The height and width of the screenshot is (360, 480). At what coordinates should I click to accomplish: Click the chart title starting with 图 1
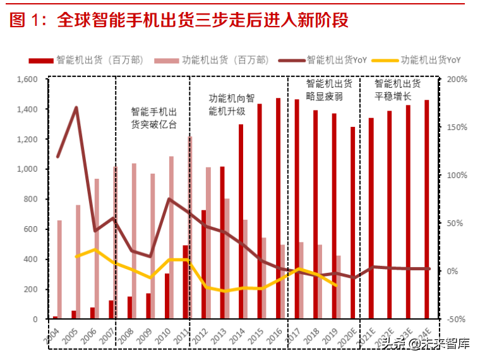[x=179, y=20]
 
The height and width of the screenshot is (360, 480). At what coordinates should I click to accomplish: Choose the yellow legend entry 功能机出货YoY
[x=430, y=60]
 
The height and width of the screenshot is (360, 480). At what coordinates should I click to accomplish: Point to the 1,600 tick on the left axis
[x=27, y=80]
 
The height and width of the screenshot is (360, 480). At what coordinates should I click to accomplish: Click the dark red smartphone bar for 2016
[x=278, y=208]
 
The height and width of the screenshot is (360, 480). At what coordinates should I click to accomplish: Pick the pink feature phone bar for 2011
[x=190, y=227]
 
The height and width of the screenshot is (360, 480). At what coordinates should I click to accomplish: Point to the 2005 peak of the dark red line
[x=76, y=108]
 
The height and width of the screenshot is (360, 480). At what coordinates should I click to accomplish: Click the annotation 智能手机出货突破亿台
[x=153, y=117]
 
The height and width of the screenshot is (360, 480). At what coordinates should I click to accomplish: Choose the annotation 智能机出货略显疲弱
[x=325, y=90]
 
